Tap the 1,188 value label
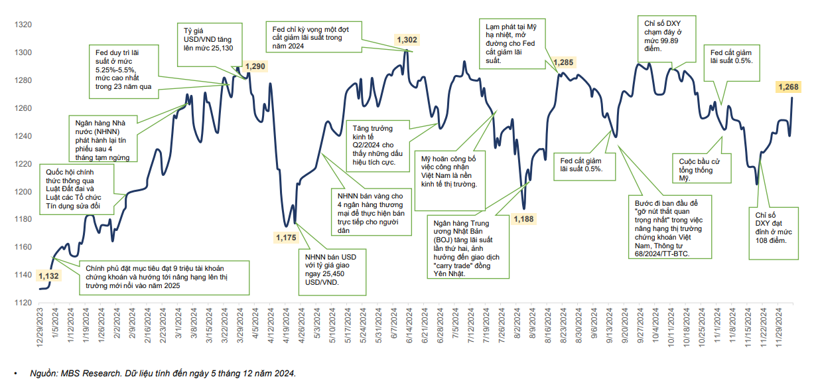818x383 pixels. [523, 218]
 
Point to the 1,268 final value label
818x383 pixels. [789, 87]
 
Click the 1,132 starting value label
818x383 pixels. [50, 276]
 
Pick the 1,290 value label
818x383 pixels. [255, 66]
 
